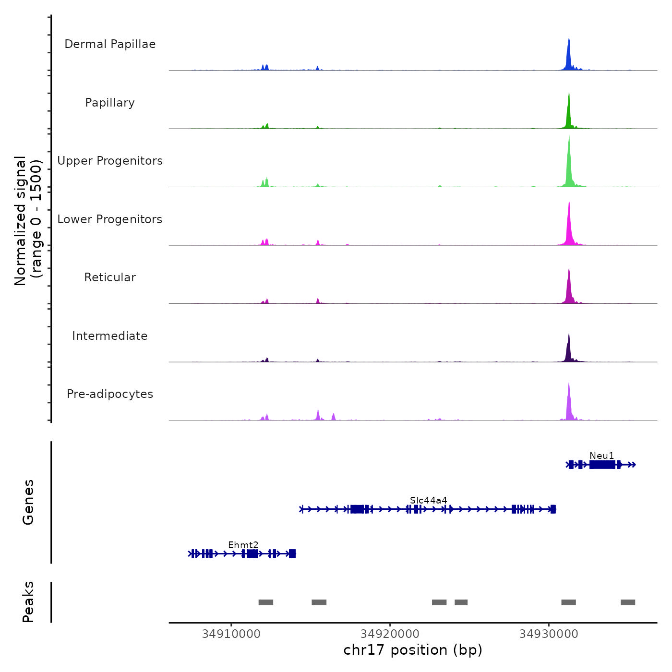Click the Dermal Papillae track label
click(110, 44)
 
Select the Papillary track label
click(110, 103)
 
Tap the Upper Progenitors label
click(110, 161)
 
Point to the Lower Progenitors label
click(110, 219)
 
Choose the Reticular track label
click(110, 277)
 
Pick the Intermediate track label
click(110, 336)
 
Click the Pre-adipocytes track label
click(110, 394)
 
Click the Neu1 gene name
click(602, 456)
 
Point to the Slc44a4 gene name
click(428, 500)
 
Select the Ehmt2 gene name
click(243, 545)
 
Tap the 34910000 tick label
click(231, 634)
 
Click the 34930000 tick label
click(549, 634)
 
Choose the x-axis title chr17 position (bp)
click(413, 650)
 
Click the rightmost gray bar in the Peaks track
click(628, 602)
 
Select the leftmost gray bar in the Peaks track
click(265, 602)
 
